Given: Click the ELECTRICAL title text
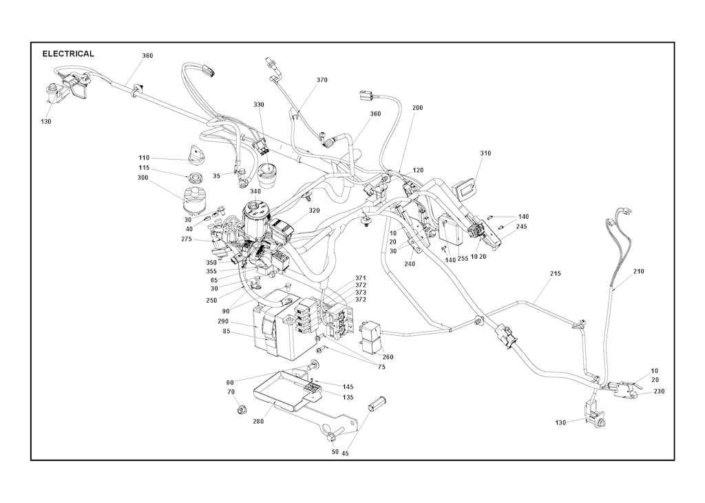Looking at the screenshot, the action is [x=68, y=54].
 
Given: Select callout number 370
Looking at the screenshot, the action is [x=322, y=80].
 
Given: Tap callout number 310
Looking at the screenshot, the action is [x=485, y=153].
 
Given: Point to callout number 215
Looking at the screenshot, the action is [x=556, y=274].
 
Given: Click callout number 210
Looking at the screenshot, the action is [x=638, y=272].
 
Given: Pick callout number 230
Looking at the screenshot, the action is [x=659, y=392].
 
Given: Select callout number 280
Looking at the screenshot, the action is [x=258, y=421].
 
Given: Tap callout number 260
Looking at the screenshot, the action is [x=388, y=357].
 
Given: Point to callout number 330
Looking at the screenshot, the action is [x=259, y=105].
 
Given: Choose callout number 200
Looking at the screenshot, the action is [x=417, y=108].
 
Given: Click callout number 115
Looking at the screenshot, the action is [x=144, y=168].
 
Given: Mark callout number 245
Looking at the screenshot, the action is [x=521, y=226].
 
